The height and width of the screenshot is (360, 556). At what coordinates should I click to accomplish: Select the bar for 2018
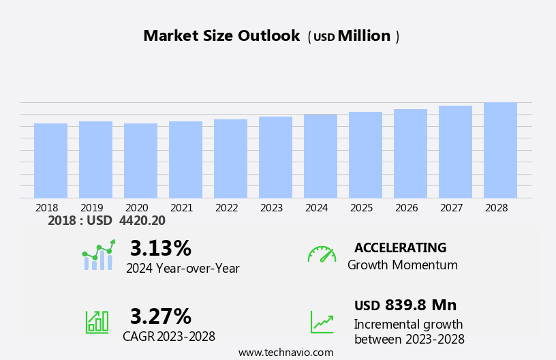pyautogui.click(x=50, y=161)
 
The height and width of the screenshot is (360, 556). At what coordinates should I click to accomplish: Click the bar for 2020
pyautogui.click(x=140, y=161)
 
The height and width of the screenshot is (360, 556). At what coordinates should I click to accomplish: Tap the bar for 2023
pyautogui.click(x=275, y=157)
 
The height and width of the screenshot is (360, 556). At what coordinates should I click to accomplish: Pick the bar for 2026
pyautogui.click(x=410, y=154)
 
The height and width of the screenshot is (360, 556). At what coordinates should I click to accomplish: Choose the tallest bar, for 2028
pyautogui.click(x=500, y=151)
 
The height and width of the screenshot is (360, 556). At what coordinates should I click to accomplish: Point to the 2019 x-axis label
pyautogui.click(x=92, y=207)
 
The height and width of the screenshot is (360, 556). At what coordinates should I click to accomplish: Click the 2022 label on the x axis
pyautogui.click(x=227, y=207)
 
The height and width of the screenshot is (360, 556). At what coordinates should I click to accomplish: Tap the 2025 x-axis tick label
pyautogui.click(x=362, y=207)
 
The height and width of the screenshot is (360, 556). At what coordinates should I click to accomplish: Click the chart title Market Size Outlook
pyautogui.click(x=221, y=36)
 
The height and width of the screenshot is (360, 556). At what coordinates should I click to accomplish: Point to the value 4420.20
pyautogui.click(x=142, y=221)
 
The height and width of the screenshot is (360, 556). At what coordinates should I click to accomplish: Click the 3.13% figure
pyautogui.click(x=160, y=248)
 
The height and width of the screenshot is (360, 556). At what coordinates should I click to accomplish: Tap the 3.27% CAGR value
pyautogui.click(x=160, y=316)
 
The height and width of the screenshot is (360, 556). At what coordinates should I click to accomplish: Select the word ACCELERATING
pyautogui.click(x=400, y=248)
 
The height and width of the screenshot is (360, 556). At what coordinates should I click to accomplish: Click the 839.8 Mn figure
pyautogui.click(x=420, y=305)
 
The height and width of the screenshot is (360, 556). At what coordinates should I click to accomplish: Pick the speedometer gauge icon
pyautogui.click(x=322, y=254)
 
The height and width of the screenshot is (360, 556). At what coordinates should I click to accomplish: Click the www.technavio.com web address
pyautogui.click(x=285, y=352)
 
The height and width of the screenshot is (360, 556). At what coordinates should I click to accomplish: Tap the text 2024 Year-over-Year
pyautogui.click(x=183, y=269)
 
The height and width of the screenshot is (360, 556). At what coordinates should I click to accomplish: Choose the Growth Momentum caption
pyautogui.click(x=402, y=265)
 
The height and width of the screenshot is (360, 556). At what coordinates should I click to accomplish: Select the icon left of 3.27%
pyautogui.click(x=97, y=321)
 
